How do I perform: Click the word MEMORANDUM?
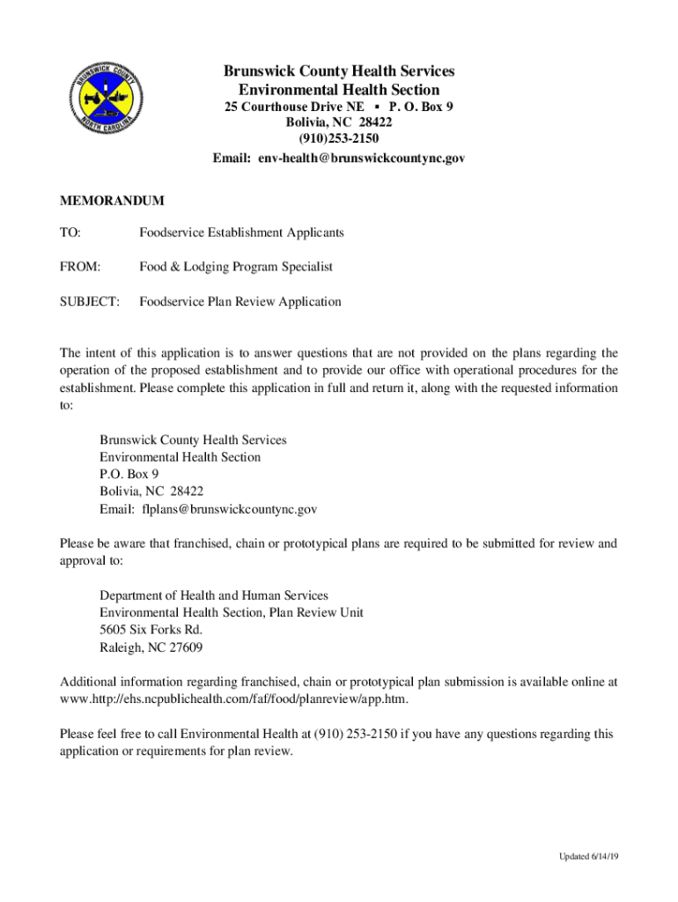112,202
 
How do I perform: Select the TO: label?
70,233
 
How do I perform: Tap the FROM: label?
80,267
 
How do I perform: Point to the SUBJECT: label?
89,302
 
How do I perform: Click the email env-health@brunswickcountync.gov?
361,159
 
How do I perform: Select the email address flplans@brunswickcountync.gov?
229,509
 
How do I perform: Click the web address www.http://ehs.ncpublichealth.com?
233,699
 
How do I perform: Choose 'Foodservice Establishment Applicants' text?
241,233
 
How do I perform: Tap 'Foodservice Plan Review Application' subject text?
240,302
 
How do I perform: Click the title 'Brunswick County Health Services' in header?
339,71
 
